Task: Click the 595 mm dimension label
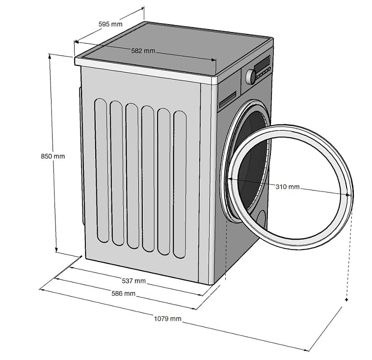pyautogui.click(x=110, y=24)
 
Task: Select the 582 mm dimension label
pyautogui.click(x=143, y=51)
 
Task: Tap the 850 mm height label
pyautogui.click(x=53, y=156)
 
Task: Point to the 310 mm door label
pyautogui.click(x=288, y=187)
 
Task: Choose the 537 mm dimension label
pyautogui.click(x=133, y=281)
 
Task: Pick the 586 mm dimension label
pyautogui.click(x=123, y=294)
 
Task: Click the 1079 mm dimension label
pyautogui.click(x=167, y=318)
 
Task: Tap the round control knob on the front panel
pyautogui.click(x=251, y=77)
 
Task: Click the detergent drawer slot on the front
pyautogui.click(x=228, y=100)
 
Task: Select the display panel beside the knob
pyautogui.click(x=263, y=63)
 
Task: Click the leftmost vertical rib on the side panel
pyautogui.click(x=102, y=170)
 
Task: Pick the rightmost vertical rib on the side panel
pyautogui.click(x=180, y=185)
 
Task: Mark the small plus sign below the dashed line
pyautogui.click(x=346, y=300)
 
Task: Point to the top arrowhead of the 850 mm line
pyautogui.click(x=50, y=56)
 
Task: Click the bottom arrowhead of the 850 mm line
pyautogui.click(x=56, y=249)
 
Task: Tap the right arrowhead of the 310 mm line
pyautogui.click(x=348, y=194)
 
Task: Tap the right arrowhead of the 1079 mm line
pyautogui.click(x=307, y=350)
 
